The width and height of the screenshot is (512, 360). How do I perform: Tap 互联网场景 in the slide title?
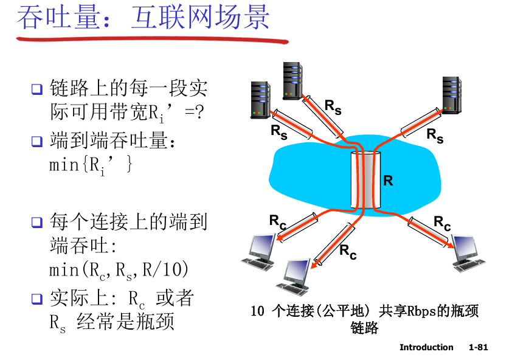[x=200, y=18]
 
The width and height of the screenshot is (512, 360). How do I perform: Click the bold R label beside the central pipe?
[x=388, y=181]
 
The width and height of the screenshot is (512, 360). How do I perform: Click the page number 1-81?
[x=479, y=347]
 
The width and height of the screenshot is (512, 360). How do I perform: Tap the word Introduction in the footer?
[x=426, y=347]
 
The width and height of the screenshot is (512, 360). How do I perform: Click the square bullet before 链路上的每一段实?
[x=36, y=90]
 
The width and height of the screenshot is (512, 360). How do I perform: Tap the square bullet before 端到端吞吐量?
[x=36, y=142]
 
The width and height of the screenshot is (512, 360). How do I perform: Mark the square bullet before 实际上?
[x=36, y=299]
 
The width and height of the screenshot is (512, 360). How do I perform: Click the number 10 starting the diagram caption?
[x=257, y=311]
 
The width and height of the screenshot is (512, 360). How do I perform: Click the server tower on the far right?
[x=452, y=94]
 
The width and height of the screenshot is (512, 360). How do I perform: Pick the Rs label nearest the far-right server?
[x=435, y=135]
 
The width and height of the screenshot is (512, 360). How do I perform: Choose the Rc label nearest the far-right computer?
[x=442, y=223]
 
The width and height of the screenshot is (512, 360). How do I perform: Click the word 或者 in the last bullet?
[x=175, y=299]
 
